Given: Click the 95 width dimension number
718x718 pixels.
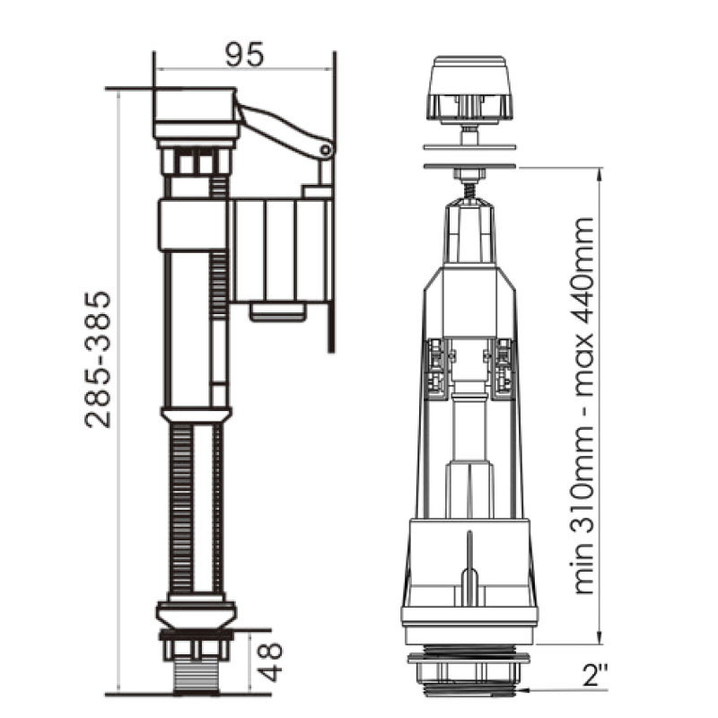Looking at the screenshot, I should (244, 56).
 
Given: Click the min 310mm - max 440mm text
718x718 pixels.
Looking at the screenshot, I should (584, 404).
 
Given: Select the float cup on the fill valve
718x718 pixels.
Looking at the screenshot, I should (280, 251).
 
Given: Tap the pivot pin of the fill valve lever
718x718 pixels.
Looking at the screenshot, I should (326, 150).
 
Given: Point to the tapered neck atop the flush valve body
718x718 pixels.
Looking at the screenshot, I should (469, 233).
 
